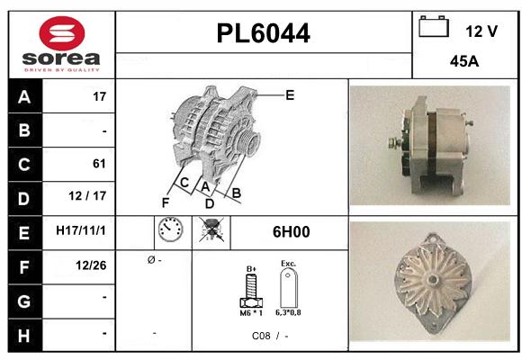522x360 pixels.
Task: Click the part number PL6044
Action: coord(264,34)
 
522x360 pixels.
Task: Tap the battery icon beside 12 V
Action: coord(434,28)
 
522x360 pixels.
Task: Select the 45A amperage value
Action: coord(463,63)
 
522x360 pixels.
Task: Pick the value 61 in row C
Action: coord(99,164)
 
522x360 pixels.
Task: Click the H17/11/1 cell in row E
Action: coord(81,231)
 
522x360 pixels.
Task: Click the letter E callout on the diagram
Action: coord(290,94)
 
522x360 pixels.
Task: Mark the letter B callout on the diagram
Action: coord(237,192)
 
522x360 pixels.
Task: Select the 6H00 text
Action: coord(291,232)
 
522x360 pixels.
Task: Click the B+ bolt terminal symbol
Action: coord(252,287)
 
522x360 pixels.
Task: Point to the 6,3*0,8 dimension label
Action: coord(289,312)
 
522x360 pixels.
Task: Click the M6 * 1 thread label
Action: coord(251,312)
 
